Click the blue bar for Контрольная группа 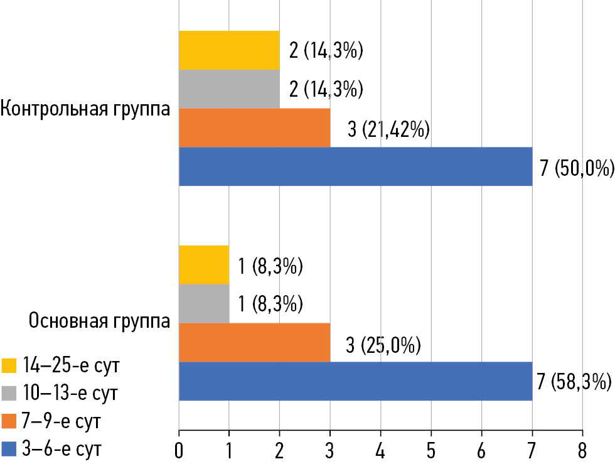click(355, 166)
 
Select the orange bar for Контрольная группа click(254, 128)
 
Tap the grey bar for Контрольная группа click(229, 89)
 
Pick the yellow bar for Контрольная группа click(229, 50)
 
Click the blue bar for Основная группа click(355, 381)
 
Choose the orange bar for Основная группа click(254, 343)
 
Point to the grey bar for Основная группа click(204, 305)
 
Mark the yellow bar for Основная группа click(204, 266)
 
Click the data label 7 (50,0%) click(575, 168)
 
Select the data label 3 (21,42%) click(387, 129)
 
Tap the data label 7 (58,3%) click(575, 382)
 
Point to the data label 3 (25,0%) click(383, 345)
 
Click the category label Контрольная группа click(85, 108)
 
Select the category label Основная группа click(99, 321)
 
